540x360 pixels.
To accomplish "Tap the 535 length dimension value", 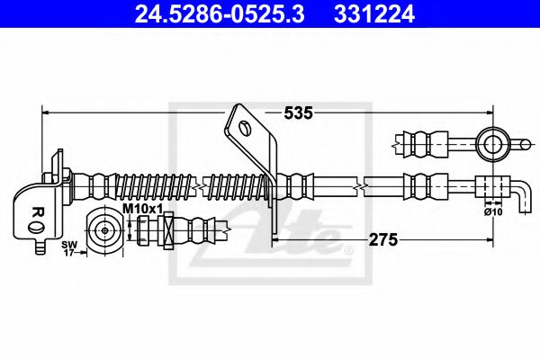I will (298, 113).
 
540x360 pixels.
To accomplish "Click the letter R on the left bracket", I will (37, 212).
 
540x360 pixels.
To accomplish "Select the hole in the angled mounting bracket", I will (243, 127).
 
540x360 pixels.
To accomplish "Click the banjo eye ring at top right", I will (493, 140).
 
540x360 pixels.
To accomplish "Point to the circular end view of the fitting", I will (106, 230).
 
